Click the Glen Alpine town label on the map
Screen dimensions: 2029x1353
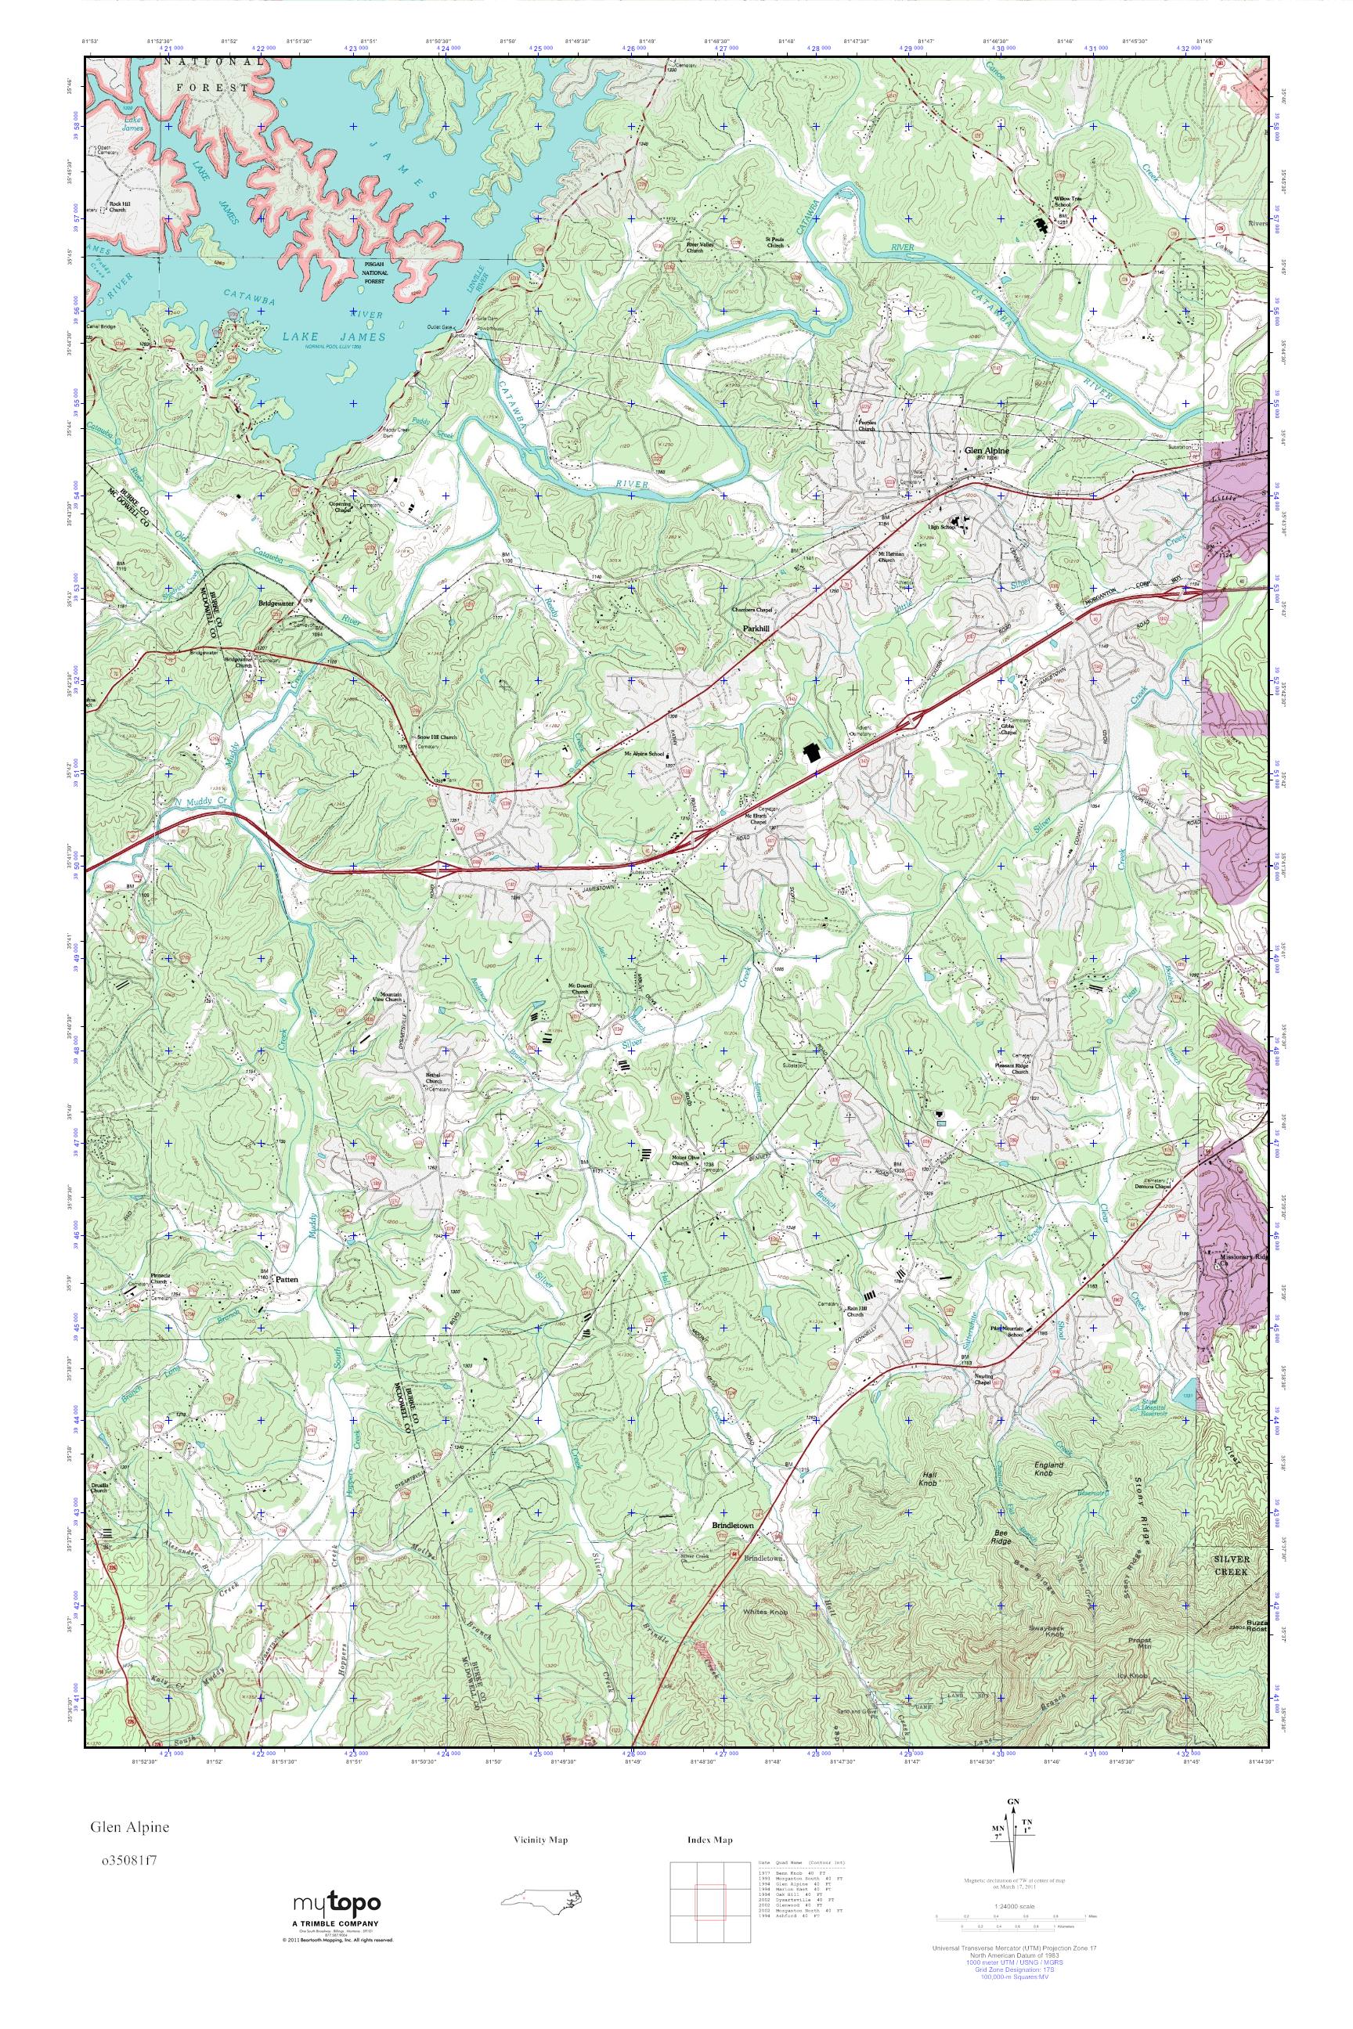(x=986, y=450)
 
